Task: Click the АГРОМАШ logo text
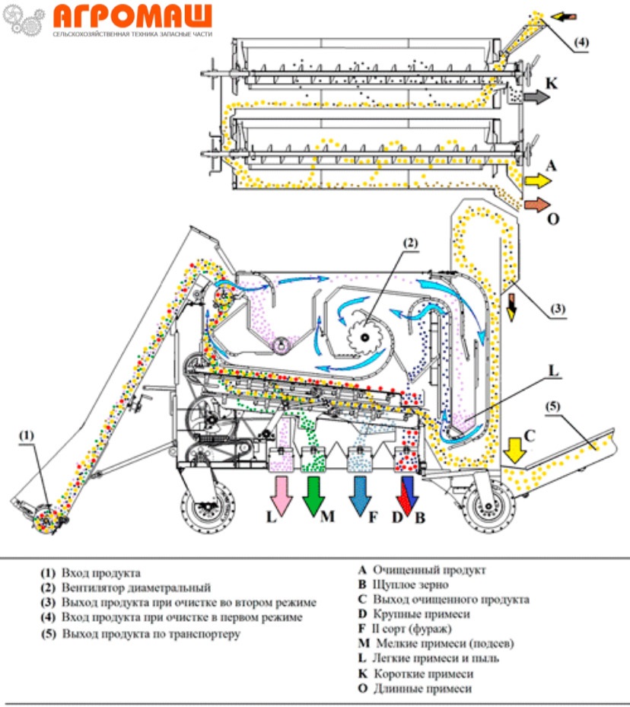[134, 16]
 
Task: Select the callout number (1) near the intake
[27, 435]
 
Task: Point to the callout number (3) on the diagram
[557, 309]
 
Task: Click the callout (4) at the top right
[580, 43]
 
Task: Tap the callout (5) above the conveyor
[553, 406]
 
